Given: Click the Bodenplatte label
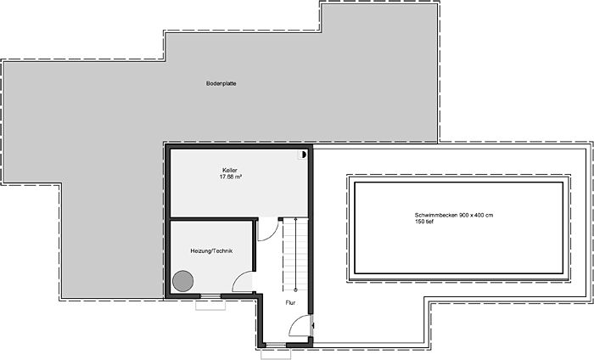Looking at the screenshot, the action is (221, 83).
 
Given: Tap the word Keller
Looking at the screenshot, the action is (230, 171).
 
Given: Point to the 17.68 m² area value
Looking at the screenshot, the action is (231, 177).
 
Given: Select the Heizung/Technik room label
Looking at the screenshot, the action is (211, 250).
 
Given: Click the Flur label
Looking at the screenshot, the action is (290, 303).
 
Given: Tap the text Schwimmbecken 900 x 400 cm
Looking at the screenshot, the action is (454, 216).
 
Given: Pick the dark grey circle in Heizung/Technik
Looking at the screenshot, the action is (183, 281).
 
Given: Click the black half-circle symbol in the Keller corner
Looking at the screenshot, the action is (303, 155).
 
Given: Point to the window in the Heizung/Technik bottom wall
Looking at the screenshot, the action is (210, 296).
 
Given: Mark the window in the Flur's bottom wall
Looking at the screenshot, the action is (276, 345).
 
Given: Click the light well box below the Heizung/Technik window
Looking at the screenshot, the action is (210, 305).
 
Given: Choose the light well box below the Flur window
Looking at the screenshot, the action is (276, 353).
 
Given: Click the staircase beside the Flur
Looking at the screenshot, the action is (295, 255).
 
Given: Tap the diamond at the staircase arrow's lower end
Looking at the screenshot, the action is (295, 290).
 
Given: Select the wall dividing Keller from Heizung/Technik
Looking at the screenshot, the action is (211, 219).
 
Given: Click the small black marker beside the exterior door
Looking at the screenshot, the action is (313, 325).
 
